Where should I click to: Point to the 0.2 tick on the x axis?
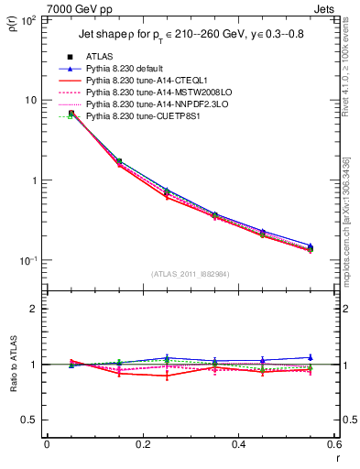coord(142,444)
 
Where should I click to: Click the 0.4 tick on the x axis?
coord(238,444)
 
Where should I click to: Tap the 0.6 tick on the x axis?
coord(333,444)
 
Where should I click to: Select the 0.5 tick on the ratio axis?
coord(33,420)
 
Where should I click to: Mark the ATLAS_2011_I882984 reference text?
coord(190,274)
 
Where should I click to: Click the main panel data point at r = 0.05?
coord(71,114)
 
